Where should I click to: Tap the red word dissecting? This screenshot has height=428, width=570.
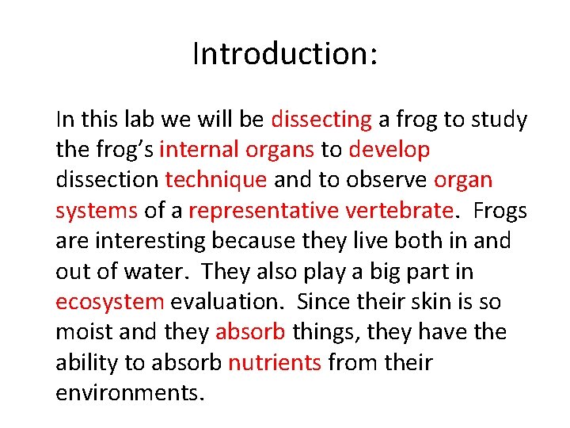(x=321, y=120)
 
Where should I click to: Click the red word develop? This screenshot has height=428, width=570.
(x=389, y=150)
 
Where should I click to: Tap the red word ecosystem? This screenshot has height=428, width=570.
(x=110, y=302)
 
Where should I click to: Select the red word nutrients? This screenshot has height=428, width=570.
(x=274, y=363)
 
